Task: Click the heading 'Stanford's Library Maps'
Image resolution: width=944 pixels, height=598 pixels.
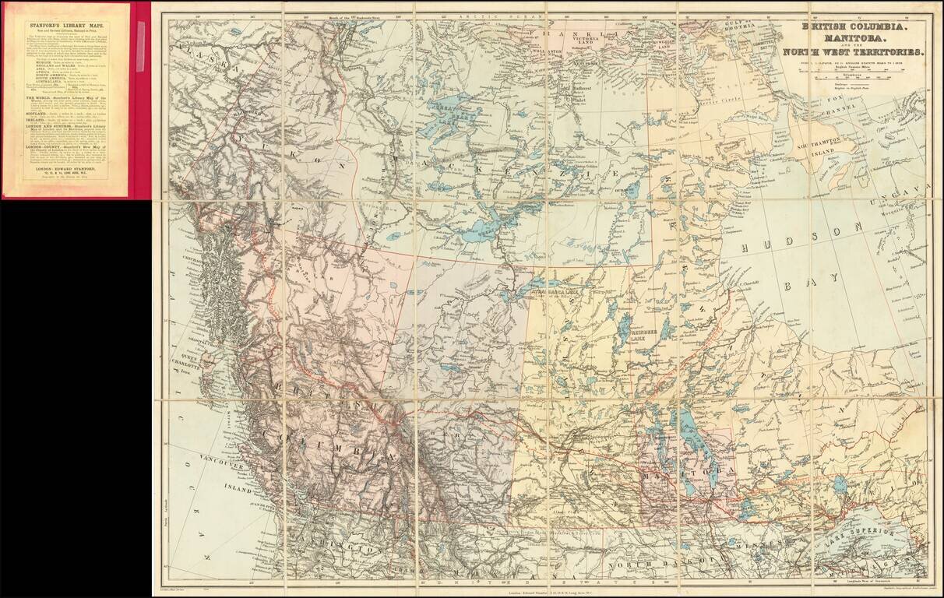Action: tap(65, 25)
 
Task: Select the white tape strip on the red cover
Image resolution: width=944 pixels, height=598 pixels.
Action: tap(141, 34)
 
